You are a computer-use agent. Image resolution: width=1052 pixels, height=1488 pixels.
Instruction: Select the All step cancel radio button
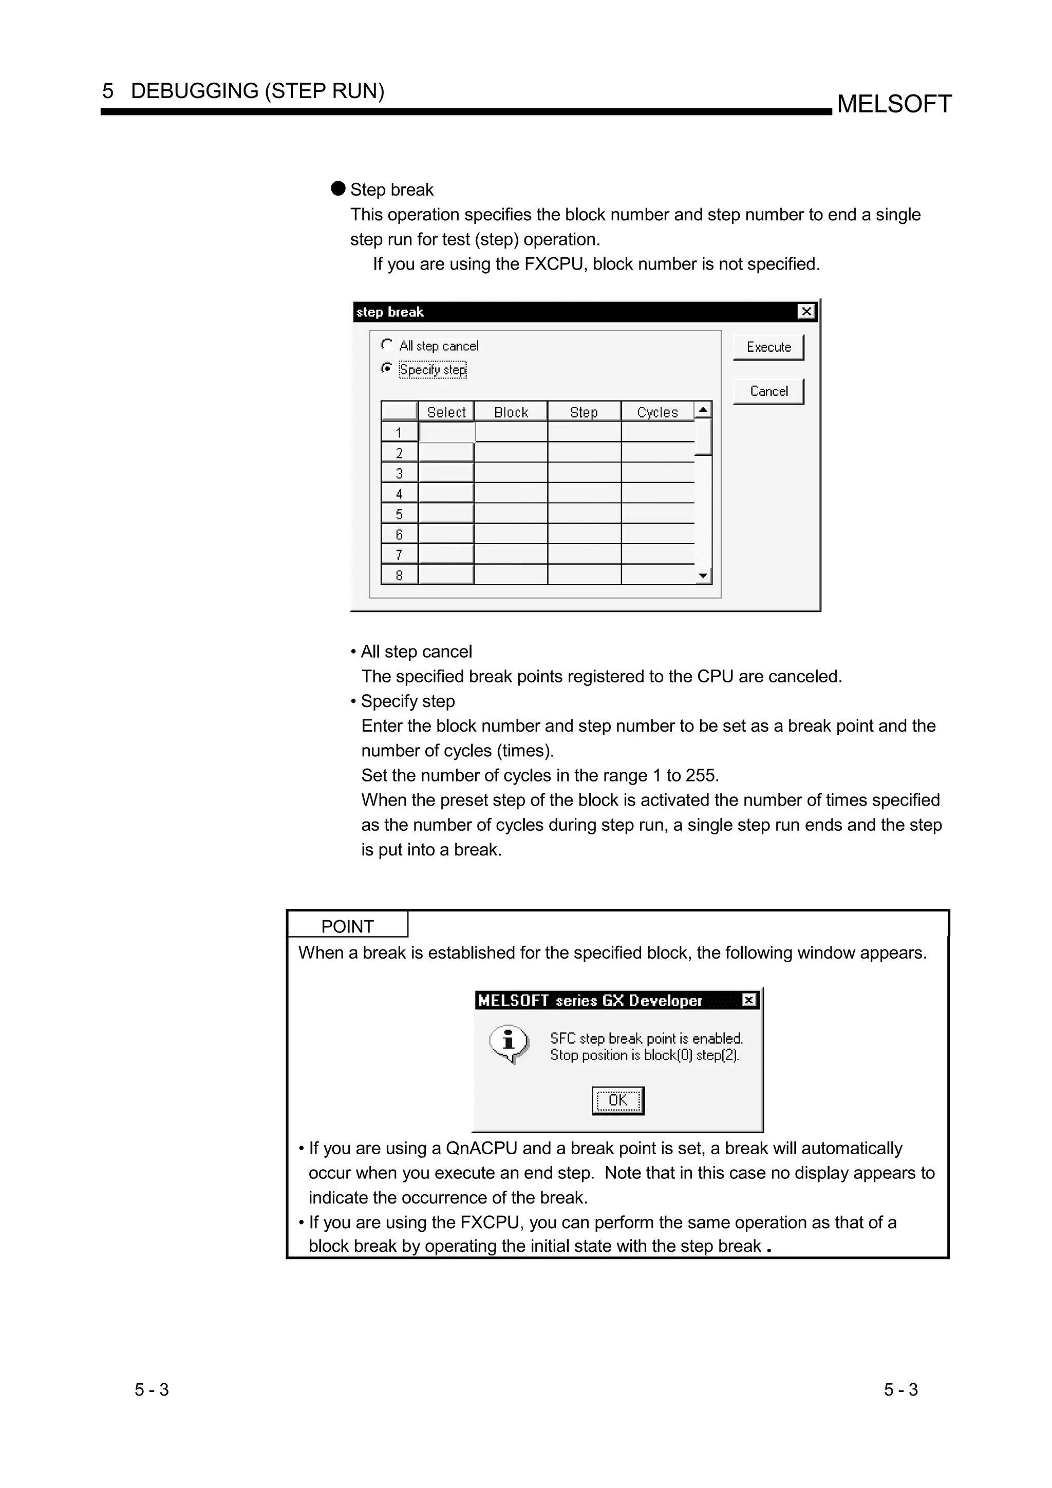pyautogui.click(x=387, y=344)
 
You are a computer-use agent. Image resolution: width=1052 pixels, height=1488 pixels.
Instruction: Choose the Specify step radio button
pyautogui.click(x=387, y=368)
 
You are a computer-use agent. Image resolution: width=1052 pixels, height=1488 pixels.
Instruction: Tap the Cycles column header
pyautogui.click(x=657, y=412)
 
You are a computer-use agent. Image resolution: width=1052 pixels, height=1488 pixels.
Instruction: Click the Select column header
pyautogui.click(x=446, y=412)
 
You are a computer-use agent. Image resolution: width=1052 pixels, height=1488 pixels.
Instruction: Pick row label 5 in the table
pyautogui.click(x=399, y=514)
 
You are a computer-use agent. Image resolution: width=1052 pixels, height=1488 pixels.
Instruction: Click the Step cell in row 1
pyautogui.click(x=584, y=432)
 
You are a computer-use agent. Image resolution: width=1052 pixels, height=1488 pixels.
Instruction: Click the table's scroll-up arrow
pyautogui.click(x=703, y=410)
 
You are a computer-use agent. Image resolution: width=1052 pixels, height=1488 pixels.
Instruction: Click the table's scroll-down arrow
pyautogui.click(x=703, y=576)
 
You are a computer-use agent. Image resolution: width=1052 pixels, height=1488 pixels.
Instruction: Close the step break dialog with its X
pyautogui.click(x=805, y=312)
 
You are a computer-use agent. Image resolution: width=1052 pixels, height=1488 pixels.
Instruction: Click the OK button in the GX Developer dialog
pyautogui.click(x=618, y=1100)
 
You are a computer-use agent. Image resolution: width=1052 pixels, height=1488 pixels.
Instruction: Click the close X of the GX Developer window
pyautogui.click(x=748, y=1000)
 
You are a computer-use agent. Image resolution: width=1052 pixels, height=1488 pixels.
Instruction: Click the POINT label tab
pyautogui.click(x=347, y=926)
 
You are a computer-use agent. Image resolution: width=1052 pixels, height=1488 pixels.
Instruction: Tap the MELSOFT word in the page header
pyautogui.click(x=894, y=104)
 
